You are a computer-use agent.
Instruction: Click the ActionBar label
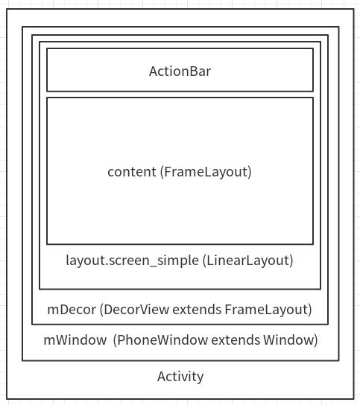coord(180,71)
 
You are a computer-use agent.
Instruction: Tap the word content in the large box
coord(132,172)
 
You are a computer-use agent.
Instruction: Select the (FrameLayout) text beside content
coord(206,172)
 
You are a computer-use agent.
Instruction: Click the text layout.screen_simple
coord(133,261)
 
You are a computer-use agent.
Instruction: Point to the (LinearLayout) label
coord(248,261)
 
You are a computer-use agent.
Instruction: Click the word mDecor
coord(72,310)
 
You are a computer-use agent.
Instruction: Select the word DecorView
coord(134,310)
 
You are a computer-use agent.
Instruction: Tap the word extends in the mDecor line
coord(197,310)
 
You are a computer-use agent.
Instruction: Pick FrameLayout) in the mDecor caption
coord(268,310)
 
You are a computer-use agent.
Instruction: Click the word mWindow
coord(75,340)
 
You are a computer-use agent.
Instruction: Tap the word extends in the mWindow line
coord(236,340)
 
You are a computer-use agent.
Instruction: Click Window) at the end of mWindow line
coord(291,340)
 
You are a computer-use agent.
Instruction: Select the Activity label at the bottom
coord(180,377)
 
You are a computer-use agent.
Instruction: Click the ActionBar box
coord(180,48)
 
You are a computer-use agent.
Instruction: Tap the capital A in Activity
coord(162,376)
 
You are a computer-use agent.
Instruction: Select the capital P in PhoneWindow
coord(121,340)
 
